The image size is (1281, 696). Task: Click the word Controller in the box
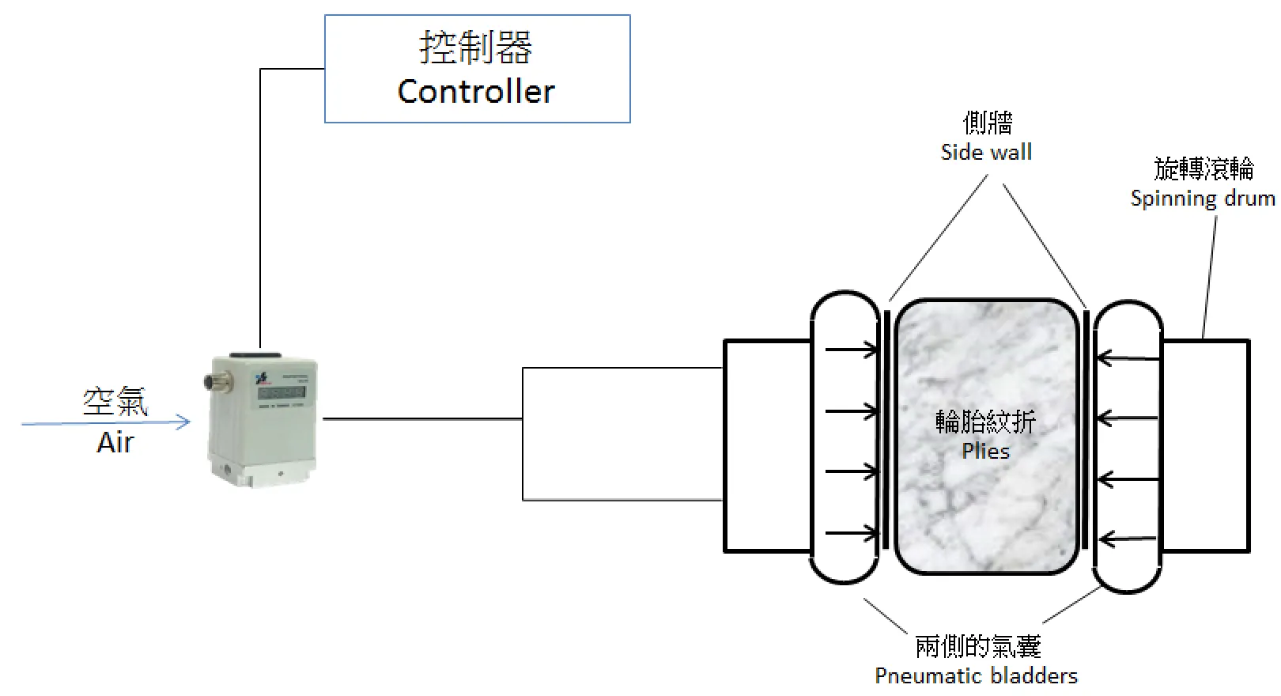(476, 92)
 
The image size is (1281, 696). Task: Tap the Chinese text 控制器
(476, 47)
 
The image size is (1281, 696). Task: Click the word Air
(115, 442)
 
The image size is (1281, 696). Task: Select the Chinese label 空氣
(115, 402)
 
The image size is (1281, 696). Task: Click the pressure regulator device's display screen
(282, 392)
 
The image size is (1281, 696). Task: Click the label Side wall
(986, 152)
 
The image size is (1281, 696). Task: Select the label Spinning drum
(1202, 198)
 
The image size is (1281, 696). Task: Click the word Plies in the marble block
(985, 451)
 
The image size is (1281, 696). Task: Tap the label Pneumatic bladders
(976, 675)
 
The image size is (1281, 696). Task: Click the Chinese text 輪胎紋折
(985, 422)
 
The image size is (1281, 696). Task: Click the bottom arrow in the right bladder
(1128, 540)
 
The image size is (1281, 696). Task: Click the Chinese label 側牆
(988, 123)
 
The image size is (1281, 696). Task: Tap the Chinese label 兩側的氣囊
(977, 646)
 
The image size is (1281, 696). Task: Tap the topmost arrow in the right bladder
(1128, 358)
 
